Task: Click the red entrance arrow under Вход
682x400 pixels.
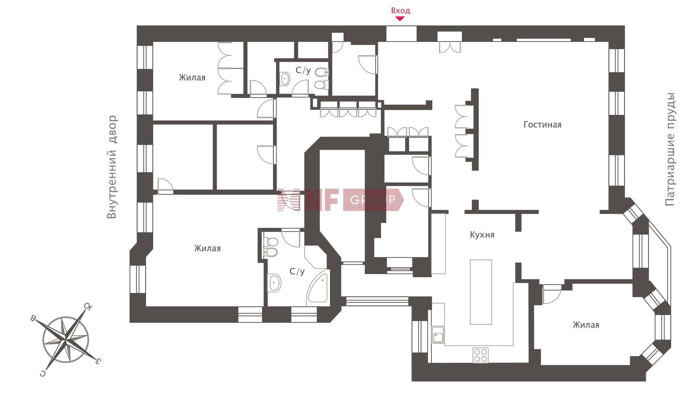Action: click(x=400, y=19)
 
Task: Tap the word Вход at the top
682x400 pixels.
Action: click(x=401, y=11)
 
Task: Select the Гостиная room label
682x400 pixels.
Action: click(x=542, y=125)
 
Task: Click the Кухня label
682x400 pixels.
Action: click(x=482, y=235)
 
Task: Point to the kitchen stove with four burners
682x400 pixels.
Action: click(x=481, y=355)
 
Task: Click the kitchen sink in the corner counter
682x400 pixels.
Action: click(x=438, y=335)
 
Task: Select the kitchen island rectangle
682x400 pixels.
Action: click(x=481, y=292)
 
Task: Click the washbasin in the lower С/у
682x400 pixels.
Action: click(x=274, y=283)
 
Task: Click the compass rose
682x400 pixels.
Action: click(x=66, y=339)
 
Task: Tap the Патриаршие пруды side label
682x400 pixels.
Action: click(x=670, y=149)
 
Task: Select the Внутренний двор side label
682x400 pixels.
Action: click(x=112, y=167)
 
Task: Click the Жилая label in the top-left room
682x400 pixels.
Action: click(x=192, y=78)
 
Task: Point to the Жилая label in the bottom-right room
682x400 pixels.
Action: click(x=586, y=325)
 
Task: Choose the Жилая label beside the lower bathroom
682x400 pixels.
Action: click(x=207, y=249)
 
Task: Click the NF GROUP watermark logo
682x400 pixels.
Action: click(x=340, y=200)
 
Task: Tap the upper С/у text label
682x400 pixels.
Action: click(x=303, y=70)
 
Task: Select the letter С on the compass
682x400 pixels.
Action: click(x=43, y=373)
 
